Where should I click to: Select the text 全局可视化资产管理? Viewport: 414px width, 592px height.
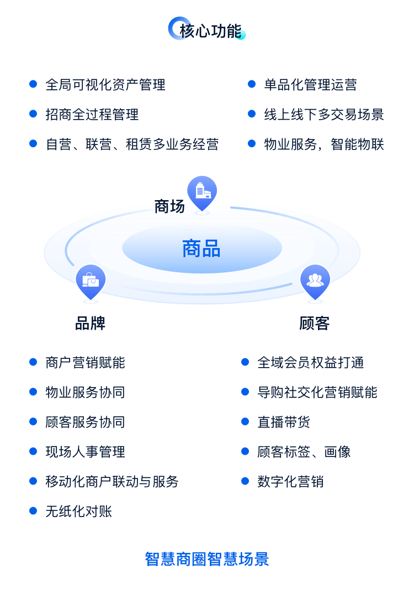(x=105, y=85)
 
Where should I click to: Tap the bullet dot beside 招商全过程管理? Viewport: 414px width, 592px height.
(x=33, y=114)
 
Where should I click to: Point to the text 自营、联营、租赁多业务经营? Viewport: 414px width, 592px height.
(x=132, y=144)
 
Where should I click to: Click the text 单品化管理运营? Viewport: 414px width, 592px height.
(x=310, y=85)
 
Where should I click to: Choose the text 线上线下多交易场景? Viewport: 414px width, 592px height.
(x=323, y=115)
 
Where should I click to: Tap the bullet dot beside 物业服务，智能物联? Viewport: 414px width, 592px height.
(x=252, y=144)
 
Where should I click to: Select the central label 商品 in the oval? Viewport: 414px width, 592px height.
(x=201, y=249)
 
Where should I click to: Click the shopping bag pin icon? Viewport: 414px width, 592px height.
(x=91, y=281)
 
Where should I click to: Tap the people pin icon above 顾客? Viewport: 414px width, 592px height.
(x=315, y=281)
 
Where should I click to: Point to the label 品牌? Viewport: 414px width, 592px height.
(x=90, y=323)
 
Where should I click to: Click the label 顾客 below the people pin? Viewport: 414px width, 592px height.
(x=315, y=323)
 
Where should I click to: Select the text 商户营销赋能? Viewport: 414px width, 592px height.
(x=85, y=363)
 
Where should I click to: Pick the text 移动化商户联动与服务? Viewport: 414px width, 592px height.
(x=112, y=482)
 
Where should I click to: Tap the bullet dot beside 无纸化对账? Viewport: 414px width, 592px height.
(x=33, y=511)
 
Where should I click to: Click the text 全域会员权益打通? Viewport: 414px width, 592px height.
(x=310, y=363)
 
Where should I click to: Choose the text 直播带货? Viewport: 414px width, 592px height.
(x=284, y=422)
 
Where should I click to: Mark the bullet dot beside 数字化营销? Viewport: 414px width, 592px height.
(x=245, y=481)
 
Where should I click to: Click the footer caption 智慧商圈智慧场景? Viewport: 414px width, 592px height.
(x=207, y=559)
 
